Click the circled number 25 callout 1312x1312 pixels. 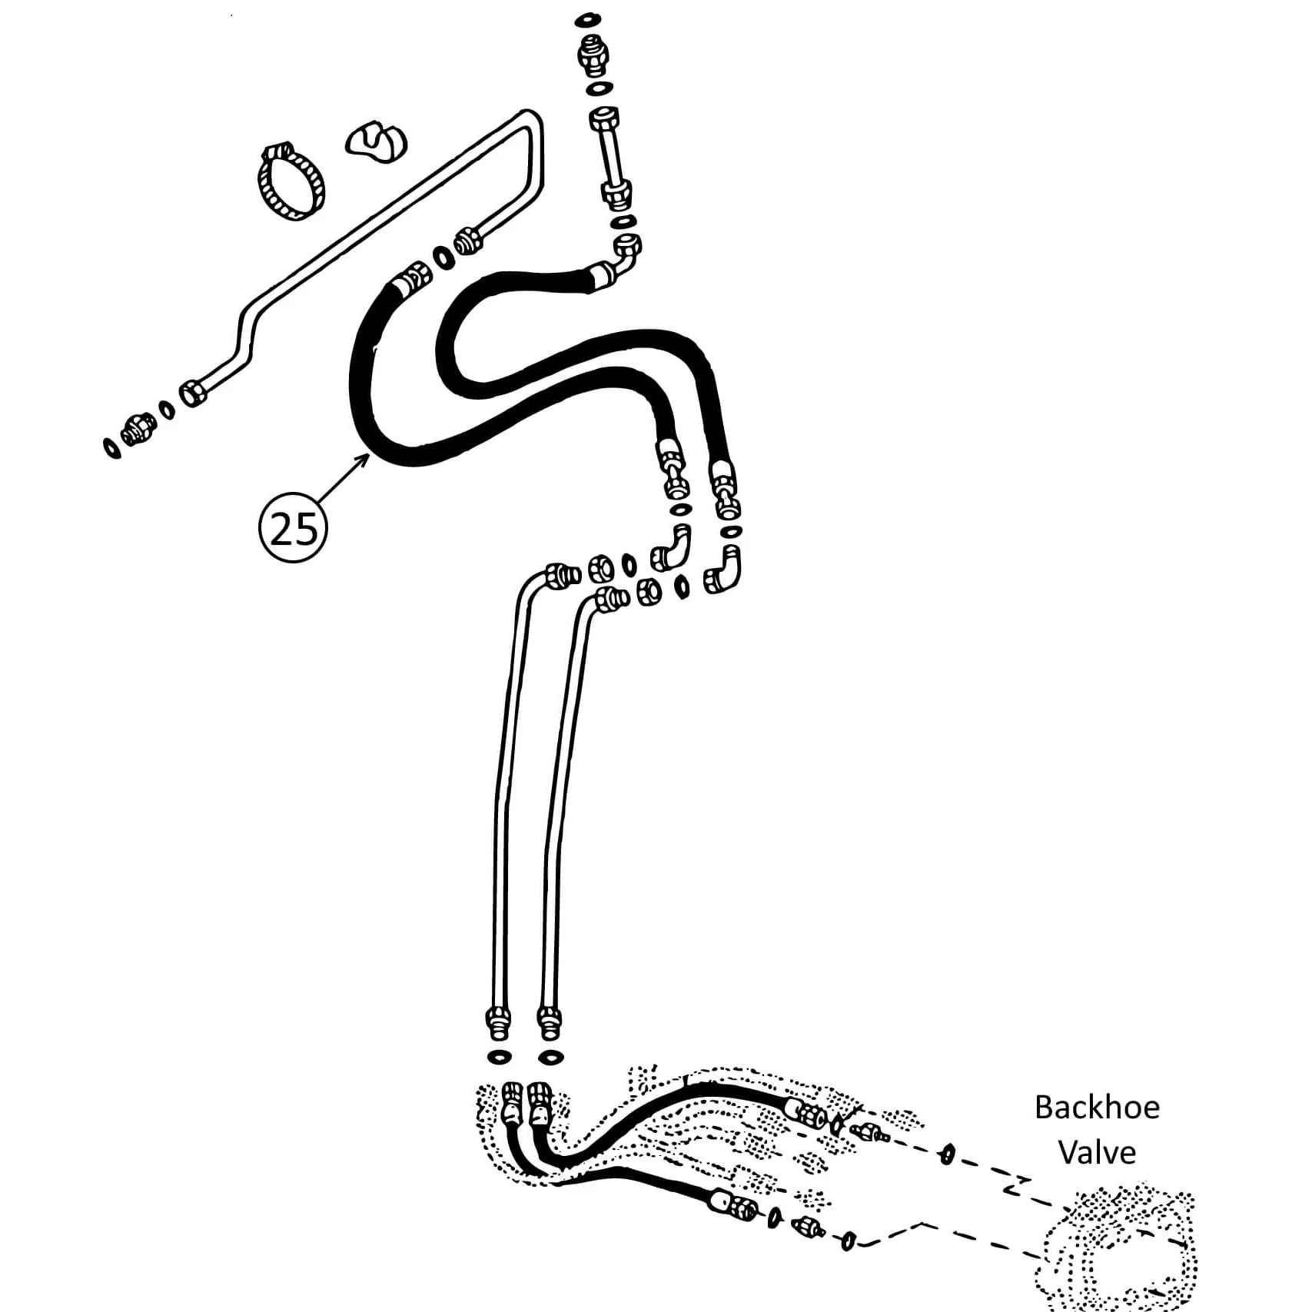tap(293, 528)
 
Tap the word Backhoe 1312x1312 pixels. tap(1097, 1108)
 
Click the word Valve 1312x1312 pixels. tap(1097, 1153)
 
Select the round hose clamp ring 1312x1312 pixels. tap(290, 181)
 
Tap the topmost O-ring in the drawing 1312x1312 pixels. tap(587, 18)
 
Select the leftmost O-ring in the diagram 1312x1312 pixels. tap(111, 447)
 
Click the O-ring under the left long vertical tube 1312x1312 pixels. tap(500, 1057)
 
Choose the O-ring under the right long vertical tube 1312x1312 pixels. tap(550, 1058)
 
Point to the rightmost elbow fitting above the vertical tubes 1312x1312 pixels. tap(723, 570)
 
